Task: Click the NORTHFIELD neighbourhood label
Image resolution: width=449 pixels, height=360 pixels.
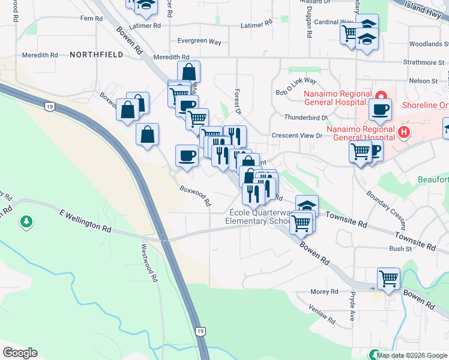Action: [96, 55]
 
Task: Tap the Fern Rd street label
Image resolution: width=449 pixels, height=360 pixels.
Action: [91, 19]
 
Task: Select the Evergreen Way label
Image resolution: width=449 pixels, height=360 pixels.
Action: [199, 42]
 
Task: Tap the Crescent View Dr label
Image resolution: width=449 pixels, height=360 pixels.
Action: [297, 136]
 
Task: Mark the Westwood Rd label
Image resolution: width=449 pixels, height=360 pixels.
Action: [149, 263]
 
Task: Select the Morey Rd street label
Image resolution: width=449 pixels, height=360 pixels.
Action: [325, 292]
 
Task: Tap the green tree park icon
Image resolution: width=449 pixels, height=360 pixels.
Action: [26, 223]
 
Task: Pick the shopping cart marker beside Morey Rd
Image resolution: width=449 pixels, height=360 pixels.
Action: [388, 278]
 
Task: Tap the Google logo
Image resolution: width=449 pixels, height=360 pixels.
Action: [20, 353]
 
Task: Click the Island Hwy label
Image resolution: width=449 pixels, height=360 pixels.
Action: [423, 8]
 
